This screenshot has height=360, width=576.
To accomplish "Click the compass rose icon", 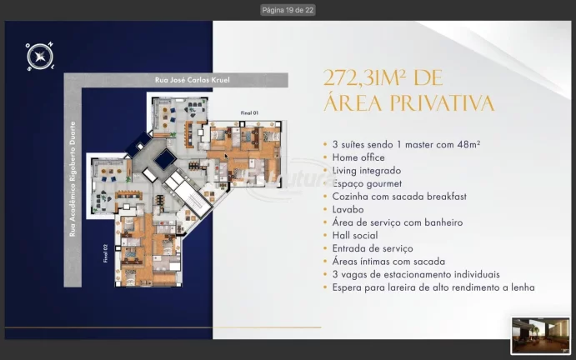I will coord(38,56).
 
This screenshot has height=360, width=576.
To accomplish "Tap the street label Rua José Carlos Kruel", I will coord(192,80).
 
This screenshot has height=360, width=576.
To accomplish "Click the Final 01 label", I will coord(250,112).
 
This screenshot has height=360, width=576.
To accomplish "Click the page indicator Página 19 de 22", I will coord(288,10).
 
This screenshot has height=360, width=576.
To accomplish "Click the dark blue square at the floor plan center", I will coord(165,158).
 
